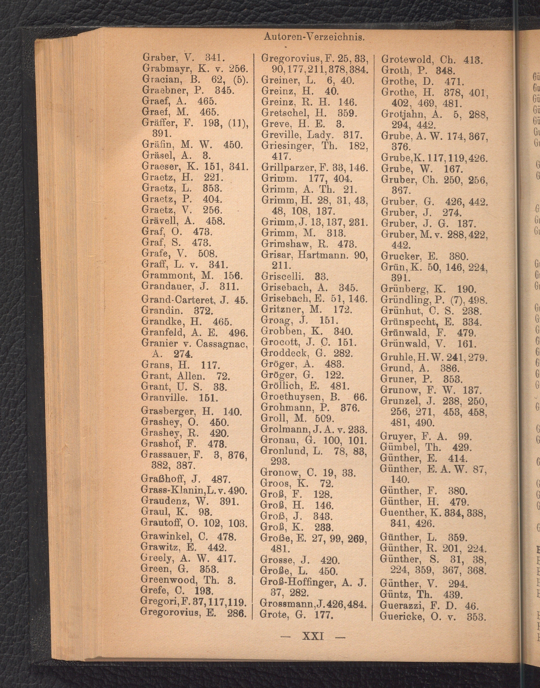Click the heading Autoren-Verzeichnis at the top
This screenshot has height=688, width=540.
314,37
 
